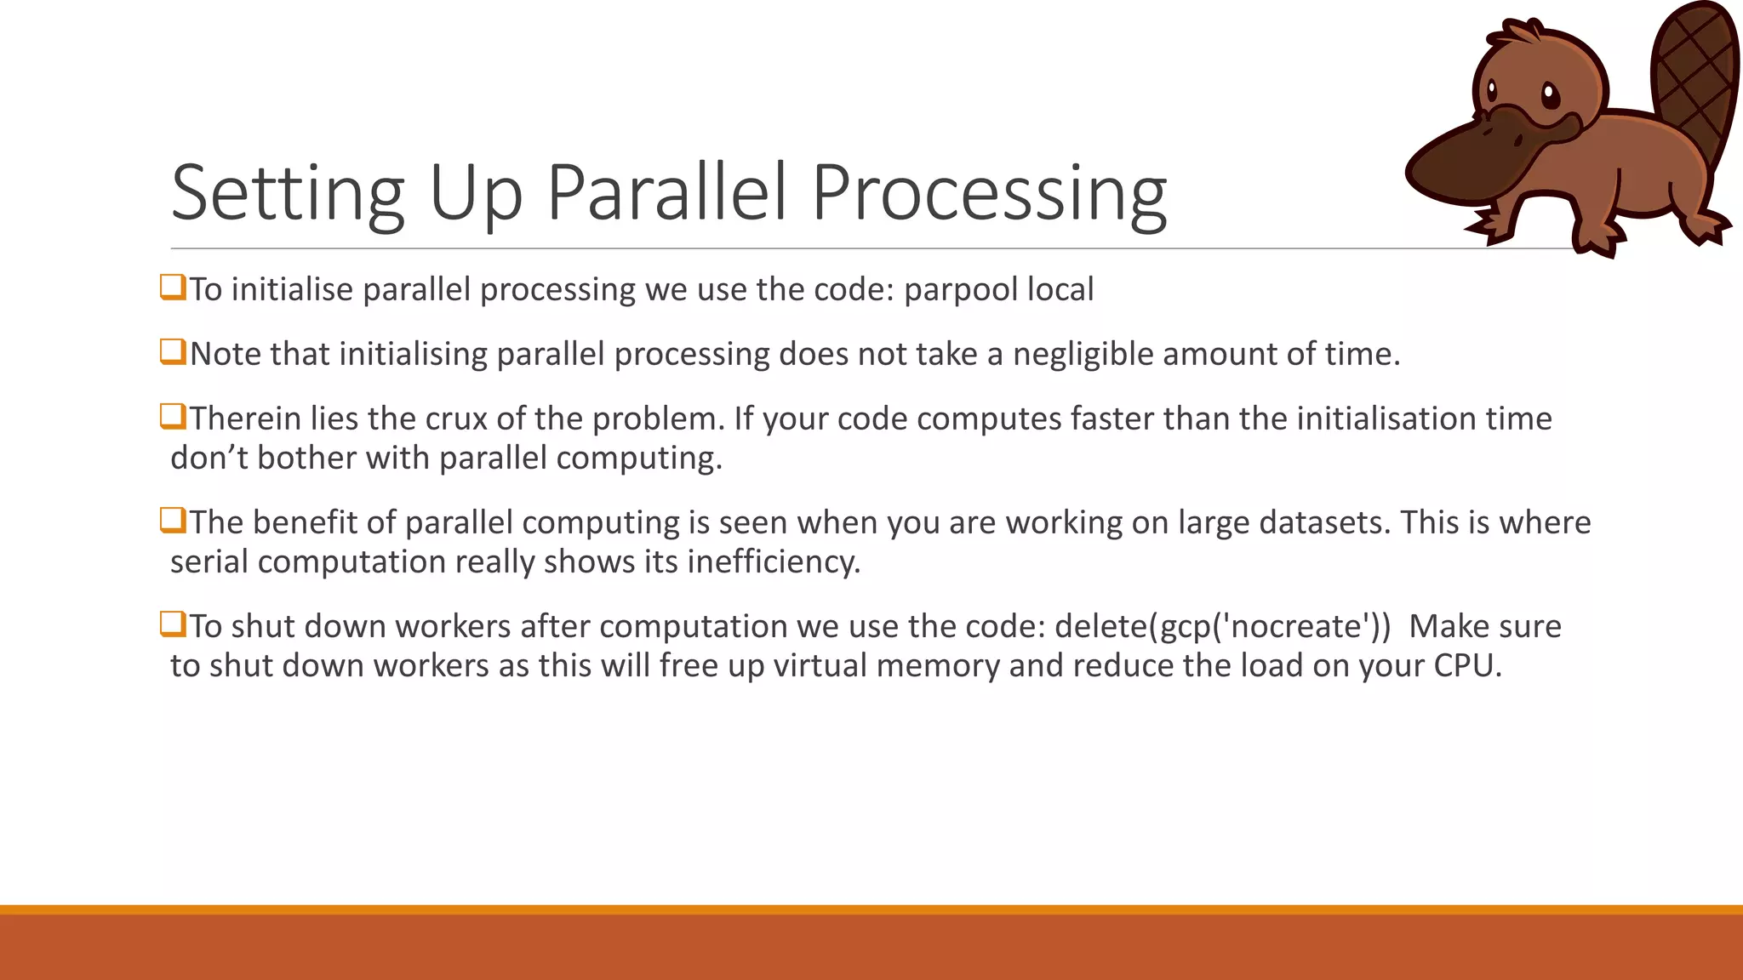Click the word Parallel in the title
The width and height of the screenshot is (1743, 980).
(666, 194)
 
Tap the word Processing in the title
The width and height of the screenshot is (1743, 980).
(989, 194)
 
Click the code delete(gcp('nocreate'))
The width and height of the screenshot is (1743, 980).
(1222, 626)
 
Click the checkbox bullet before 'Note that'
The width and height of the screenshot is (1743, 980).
(173, 351)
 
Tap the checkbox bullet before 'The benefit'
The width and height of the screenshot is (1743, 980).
(173, 520)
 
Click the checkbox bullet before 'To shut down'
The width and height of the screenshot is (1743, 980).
(173, 624)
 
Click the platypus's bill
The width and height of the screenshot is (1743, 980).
(1472, 157)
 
